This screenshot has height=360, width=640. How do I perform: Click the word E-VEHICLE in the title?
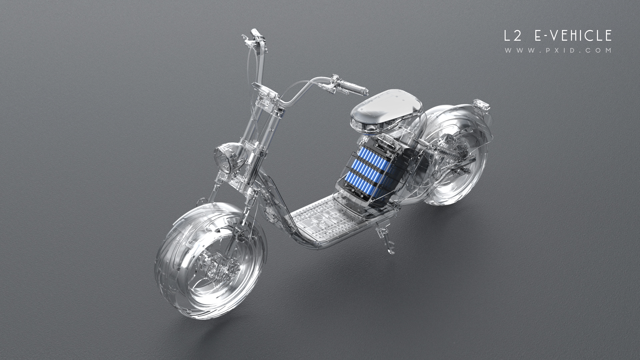[x=573, y=36]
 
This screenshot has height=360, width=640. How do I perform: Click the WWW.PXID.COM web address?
[x=558, y=51]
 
